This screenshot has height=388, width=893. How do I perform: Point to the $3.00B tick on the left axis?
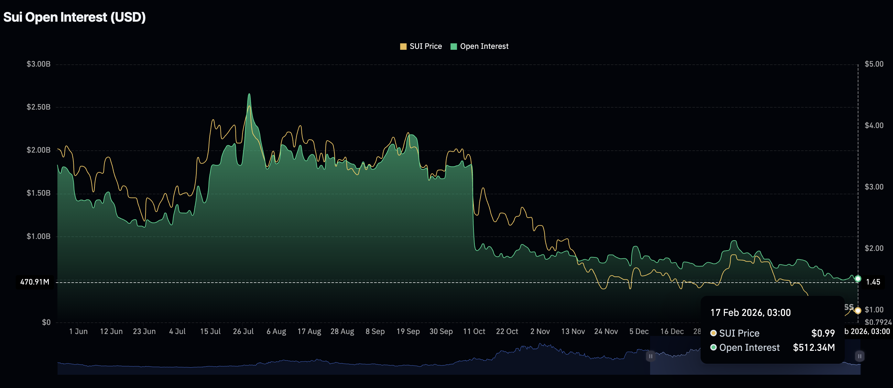[38, 64]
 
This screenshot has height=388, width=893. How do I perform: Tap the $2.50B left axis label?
[38, 107]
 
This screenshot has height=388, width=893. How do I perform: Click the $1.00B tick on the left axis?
[38, 236]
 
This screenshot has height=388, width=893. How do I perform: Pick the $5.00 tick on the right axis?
[874, 64]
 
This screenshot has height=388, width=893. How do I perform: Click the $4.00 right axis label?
[874, 125]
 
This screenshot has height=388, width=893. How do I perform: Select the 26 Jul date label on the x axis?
[243, 331]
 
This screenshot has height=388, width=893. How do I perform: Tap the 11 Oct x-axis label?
[474, 331]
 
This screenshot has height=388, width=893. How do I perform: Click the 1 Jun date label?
[78, 331]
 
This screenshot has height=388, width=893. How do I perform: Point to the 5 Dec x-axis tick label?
[639, 331]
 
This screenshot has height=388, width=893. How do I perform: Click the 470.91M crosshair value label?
[35, 282]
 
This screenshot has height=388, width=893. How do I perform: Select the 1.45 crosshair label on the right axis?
[873, 282]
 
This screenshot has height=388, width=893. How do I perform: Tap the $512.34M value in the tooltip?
[814, 348]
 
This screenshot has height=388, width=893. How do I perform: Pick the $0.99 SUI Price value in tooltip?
[822, 333]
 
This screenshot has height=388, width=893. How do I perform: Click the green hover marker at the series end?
[858, 278]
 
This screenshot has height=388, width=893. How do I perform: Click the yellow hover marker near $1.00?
[858, 310]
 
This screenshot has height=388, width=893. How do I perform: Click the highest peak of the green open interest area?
[249, 94]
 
